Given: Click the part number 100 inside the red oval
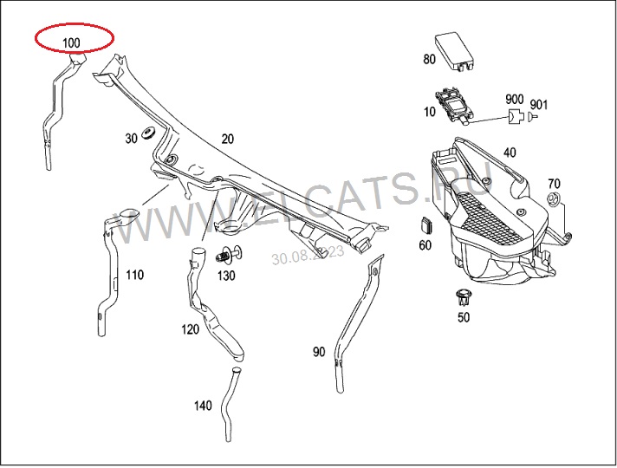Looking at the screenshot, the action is click(x=71, y=42).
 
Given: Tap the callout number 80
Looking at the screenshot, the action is click(x=429, y=59).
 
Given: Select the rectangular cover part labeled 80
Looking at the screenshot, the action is click(x=455, y=52).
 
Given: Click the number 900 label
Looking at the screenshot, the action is click(x=514, y=99).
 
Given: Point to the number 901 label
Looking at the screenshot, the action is click(x=539, y=105).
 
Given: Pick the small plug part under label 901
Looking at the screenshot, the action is click(x=532, y=116).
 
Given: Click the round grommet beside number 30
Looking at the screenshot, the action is click(x=148, y=133).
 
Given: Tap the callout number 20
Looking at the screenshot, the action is click(x=227, y=139).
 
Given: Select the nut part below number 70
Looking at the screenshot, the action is click(x=554, y=198).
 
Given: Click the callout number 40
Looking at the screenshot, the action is click(x=510, y=153).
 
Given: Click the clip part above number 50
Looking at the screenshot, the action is click(x=463, y=296).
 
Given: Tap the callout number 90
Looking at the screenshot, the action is click(x=319, y=352).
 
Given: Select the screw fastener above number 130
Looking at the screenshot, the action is click(x=229, y=255).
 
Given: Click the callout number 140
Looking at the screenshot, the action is click(x=203, y=406).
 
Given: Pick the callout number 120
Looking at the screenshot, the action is click(x=190, y=329).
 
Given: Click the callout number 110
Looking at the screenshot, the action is click(x=134, y=275).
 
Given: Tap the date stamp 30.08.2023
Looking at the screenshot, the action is click(x=308, y=255).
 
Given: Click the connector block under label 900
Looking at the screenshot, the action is click(x=516, y=116).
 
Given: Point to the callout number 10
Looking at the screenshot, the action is click(x=429, y=112).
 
